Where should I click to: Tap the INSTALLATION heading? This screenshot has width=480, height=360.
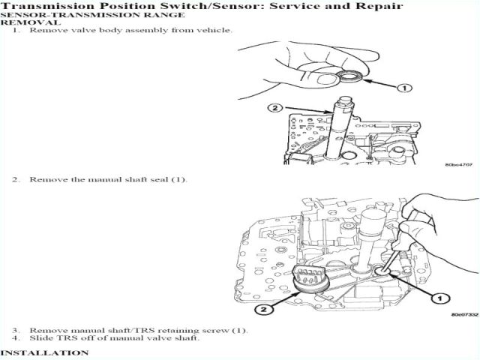(44, 352)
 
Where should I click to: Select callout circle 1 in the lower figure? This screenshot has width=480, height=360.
(433, 299)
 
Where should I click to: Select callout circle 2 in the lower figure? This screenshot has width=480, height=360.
(260, 308)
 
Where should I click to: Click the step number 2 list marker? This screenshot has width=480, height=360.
(15, 180)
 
